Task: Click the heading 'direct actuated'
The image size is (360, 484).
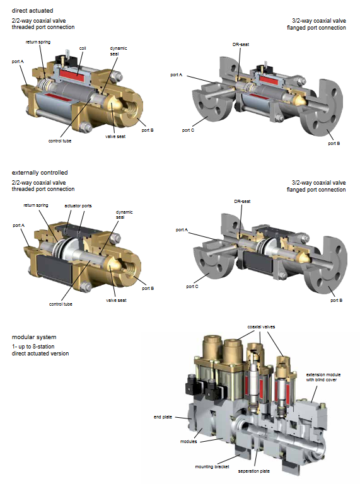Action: [x=32, y=11]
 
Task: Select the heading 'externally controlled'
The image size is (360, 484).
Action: [x=40, y=173]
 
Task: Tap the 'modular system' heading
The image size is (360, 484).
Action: [x=34, y=337]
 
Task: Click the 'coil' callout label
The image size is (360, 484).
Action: [x=83, y=48]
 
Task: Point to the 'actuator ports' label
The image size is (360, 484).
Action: [x=78, y=205]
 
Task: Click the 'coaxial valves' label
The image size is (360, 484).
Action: [x=261, y=326]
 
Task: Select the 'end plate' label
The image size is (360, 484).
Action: [x=163, y=417]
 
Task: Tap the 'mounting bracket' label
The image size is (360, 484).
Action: [x=212, y=467]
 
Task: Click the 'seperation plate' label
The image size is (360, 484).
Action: [x=254, y=471]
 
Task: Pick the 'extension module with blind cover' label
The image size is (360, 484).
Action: [x=323, y=377]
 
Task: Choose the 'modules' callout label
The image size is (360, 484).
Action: [x=189, y=441]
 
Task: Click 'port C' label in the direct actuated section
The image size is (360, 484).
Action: [x=188, y=130]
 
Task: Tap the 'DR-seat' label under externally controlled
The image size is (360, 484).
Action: [x=242, y=201]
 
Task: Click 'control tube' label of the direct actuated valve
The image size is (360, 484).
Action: [x=60, y=141]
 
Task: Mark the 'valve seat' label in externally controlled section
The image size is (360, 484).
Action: [x=116, y=300]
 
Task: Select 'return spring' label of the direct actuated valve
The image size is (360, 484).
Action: [x=38, y=42]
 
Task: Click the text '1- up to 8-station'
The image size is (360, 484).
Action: [x=33, y=347]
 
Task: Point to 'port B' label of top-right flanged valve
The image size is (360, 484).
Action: [x=334, y=144]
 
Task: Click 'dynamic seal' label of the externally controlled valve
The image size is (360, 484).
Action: [x=124, y=214]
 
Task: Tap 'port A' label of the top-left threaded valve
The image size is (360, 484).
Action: [x=18, y=61]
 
